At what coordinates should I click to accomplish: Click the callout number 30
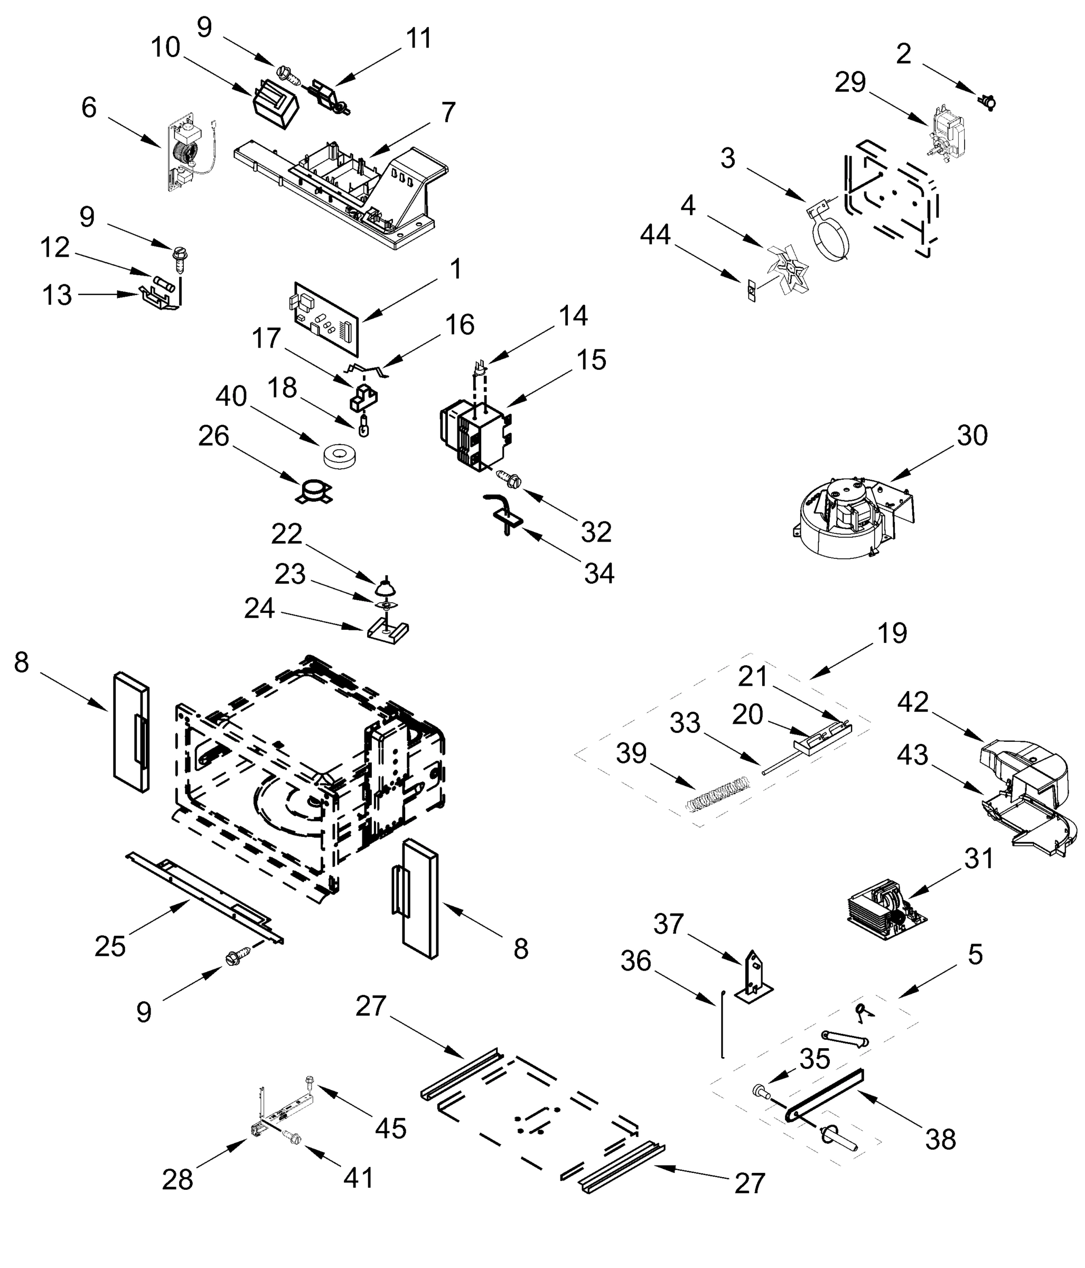[x=972, y=436]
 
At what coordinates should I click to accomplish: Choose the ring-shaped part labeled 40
[x=340, y=456]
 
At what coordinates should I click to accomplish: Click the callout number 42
[x=913, y=703]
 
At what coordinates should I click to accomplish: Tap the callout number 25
[x=110, y=947]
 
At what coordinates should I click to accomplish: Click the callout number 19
[x=892, y=633]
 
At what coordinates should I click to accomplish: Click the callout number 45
[x=390, y=1129]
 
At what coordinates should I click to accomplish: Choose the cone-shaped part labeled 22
[x=386, y=586]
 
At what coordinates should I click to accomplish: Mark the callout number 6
[x=89, y=108]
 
